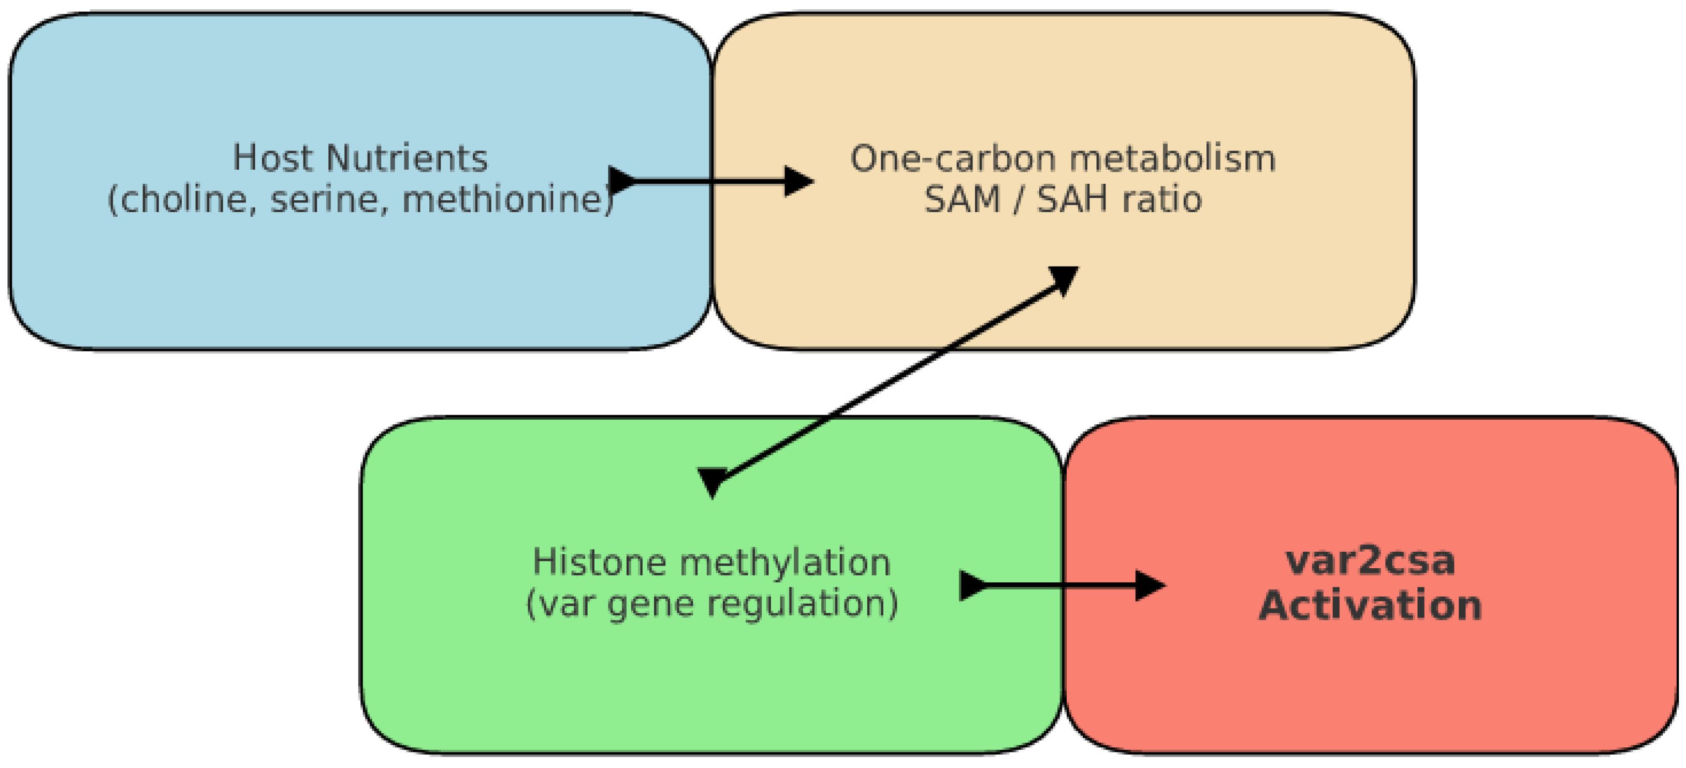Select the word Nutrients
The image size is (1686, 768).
click(x=406, y=158)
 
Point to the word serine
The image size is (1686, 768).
click(x=325, y=199)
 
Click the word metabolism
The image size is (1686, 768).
click(x=1172, y=158)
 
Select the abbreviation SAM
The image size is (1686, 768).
click(x=962, y=199)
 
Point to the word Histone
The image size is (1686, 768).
click(x=599, y=562)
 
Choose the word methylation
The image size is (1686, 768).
click(x=786, y=562)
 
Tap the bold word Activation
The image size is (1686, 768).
click(x=1370, y=605)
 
